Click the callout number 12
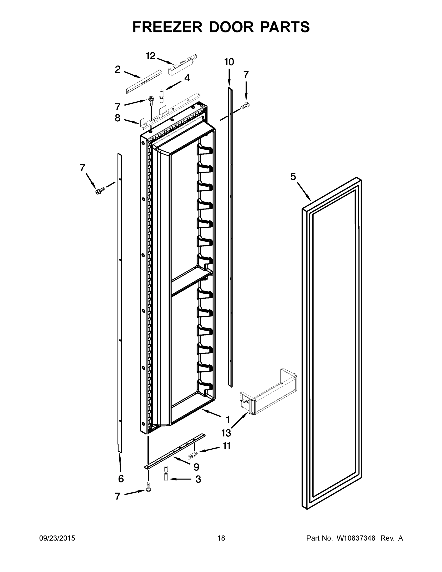tap(150, 56)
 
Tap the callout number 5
tap(293, 177)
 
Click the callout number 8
tap(117, 118)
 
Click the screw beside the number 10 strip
tap(245, 106)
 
